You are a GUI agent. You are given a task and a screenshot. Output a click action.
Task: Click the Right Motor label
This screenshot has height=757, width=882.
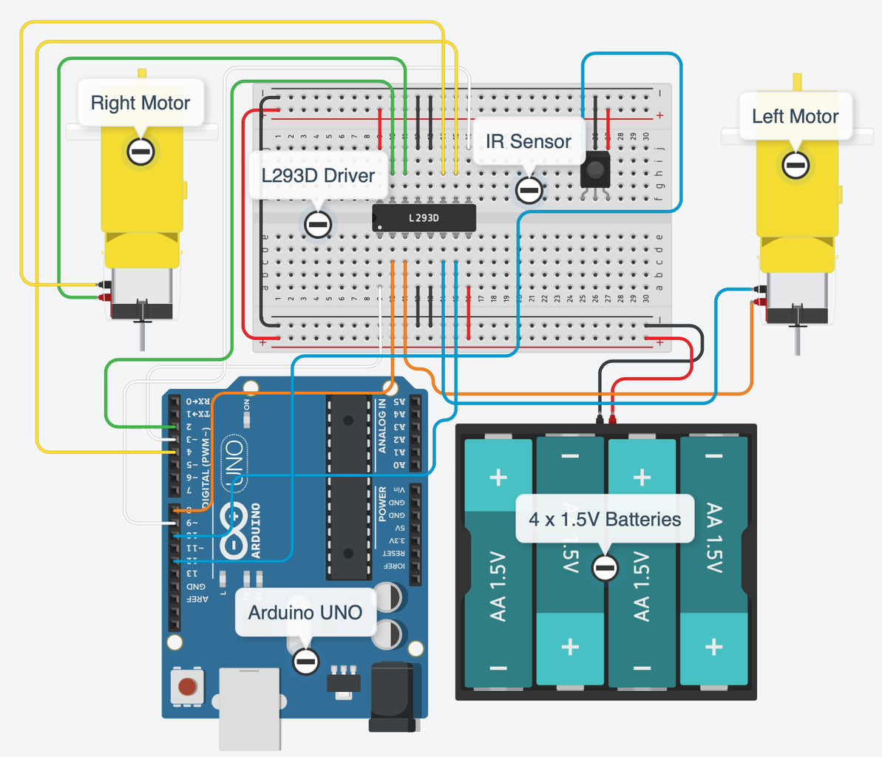pos(140,103)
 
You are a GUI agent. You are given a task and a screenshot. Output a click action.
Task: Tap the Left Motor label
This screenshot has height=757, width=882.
pos(795,116)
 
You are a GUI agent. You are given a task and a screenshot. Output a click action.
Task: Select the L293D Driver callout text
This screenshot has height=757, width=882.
pos(318,175)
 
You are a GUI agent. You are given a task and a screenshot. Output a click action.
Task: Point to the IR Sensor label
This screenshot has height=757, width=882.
pos(528,141)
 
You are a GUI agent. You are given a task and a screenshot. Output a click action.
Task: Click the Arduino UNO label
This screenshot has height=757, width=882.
pos(305,612)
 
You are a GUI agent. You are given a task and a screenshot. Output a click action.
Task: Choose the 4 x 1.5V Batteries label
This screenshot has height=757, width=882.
pos(605,519)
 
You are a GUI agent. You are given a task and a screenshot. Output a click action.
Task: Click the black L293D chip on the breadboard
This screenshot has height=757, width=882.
pos(424,218)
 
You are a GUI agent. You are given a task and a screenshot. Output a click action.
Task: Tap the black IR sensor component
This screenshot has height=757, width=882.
pos(595,171)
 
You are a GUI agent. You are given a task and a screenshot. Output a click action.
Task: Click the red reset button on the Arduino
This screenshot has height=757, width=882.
pos(188,687)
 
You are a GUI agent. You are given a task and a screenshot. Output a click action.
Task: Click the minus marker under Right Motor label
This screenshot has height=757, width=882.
pos(140,152)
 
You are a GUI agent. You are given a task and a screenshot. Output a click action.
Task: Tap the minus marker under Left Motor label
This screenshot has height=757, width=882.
pos(796,166)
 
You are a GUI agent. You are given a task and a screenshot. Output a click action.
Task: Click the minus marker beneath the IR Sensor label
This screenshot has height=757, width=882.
pos(529,190)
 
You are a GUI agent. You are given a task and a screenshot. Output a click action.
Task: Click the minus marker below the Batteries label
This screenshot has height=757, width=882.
pos(605,568)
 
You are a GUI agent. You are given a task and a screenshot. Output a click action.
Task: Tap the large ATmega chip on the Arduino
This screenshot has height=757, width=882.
pos(348,488)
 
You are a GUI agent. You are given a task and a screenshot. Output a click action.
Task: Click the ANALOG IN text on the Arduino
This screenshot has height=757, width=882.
pos(382,426)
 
